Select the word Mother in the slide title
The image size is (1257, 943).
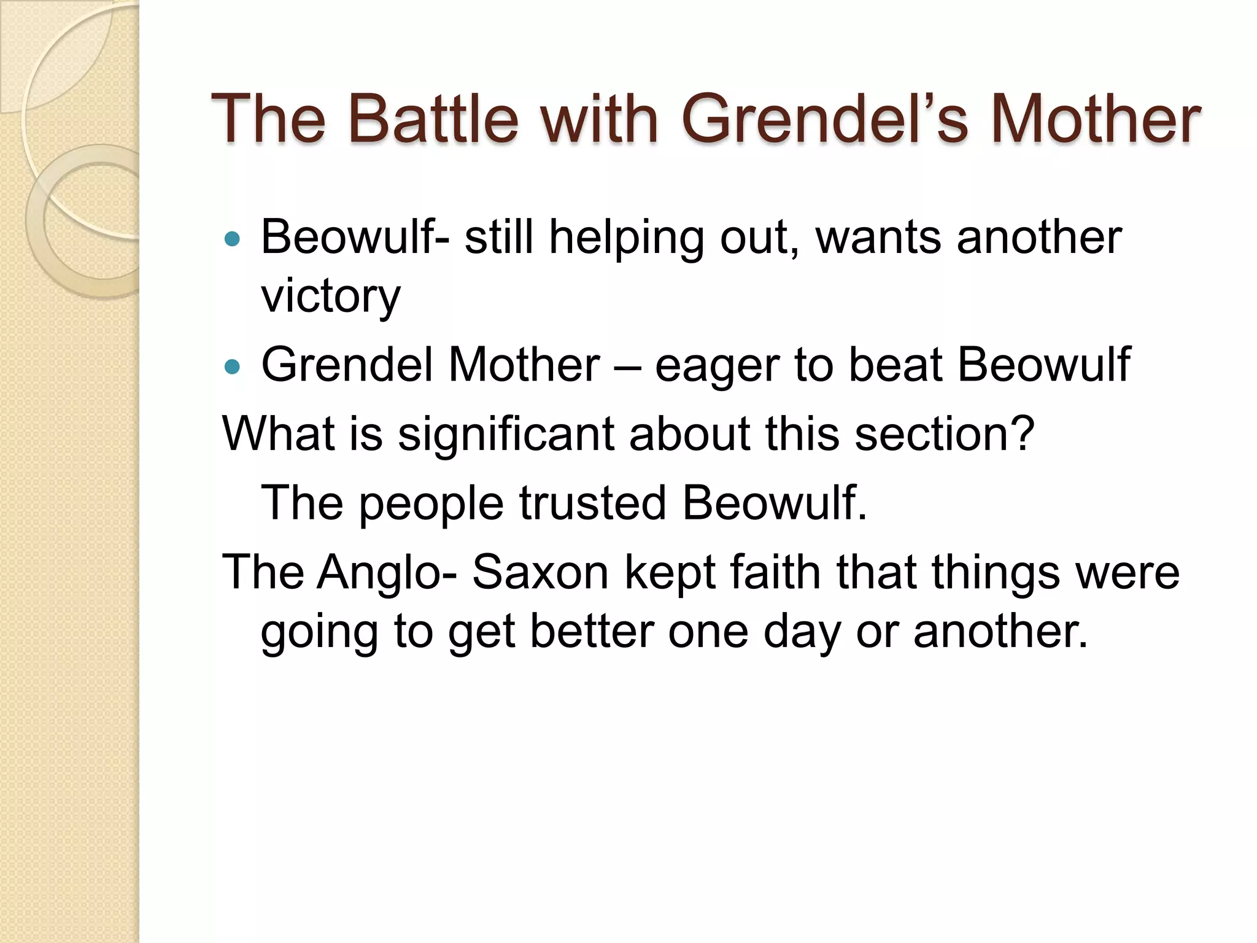[x=1095, y=119]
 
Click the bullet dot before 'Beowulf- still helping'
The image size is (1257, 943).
[x=232, y=239]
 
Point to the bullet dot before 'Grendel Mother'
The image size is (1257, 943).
[x=232, y=367]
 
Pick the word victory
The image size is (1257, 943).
[x=331, y=296]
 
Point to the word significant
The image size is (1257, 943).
[x=506, y=435]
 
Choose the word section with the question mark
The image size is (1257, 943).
[x=945, y=433]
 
